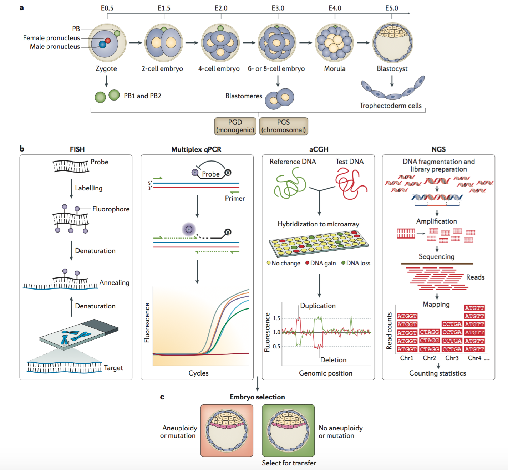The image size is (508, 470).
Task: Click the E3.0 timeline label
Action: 278,8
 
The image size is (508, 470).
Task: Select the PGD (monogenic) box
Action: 235,126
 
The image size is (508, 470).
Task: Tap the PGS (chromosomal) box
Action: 283,126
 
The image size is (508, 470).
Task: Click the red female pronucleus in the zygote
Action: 108,40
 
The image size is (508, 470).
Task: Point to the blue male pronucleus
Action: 102,45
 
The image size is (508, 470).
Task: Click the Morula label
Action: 334,68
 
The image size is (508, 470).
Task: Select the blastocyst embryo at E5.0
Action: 392,43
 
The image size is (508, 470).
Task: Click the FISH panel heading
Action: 77,149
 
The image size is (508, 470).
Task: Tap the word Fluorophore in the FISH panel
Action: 111,209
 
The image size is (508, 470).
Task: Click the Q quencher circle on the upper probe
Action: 228,173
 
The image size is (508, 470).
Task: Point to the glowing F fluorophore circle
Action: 189,229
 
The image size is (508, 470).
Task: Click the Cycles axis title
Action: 198,373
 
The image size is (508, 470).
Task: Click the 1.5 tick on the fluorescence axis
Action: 276,318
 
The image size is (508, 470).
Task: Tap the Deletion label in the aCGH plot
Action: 333,360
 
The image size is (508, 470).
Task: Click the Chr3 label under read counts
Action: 452,358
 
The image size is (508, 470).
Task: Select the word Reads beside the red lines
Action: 475,277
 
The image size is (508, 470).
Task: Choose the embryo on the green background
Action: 288,430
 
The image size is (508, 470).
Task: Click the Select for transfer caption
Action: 289,463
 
